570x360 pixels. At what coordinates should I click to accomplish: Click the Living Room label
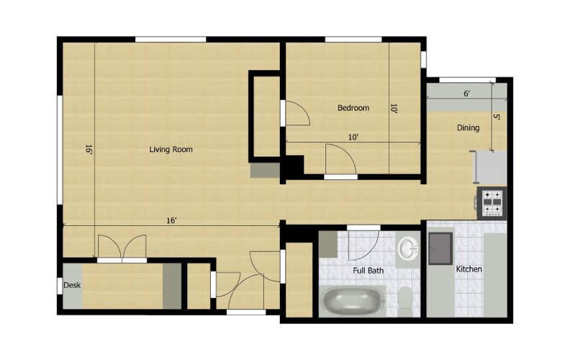(x=171, y=150)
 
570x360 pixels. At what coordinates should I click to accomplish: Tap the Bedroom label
(x=353, y=108)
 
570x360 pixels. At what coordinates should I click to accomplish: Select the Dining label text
(x=468, y=128)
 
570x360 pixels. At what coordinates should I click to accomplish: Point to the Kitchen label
(x=469, y=269)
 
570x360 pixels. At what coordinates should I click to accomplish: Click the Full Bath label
(x=368, y=271)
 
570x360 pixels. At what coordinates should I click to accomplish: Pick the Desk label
(x=72, y=285)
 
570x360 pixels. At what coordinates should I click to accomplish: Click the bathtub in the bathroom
(x=353, y=300)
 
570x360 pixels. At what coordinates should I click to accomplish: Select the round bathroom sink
(x=408, y=249)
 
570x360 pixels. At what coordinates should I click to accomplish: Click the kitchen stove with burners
(x=493, y=202)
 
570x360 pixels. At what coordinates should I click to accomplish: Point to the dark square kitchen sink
(x=440, y=249)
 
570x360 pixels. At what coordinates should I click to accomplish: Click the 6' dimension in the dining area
(x=466, y=94)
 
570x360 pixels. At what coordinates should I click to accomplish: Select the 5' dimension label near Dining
(x=496, y=117)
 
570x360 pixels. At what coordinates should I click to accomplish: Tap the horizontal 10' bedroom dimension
(x=353, y=137)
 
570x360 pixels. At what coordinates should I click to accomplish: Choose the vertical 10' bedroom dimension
(x=394, y=109)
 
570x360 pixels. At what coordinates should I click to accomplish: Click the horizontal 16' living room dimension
(x=171, y=220)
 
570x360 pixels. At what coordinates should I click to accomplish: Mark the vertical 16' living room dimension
(x=89, y=150)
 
